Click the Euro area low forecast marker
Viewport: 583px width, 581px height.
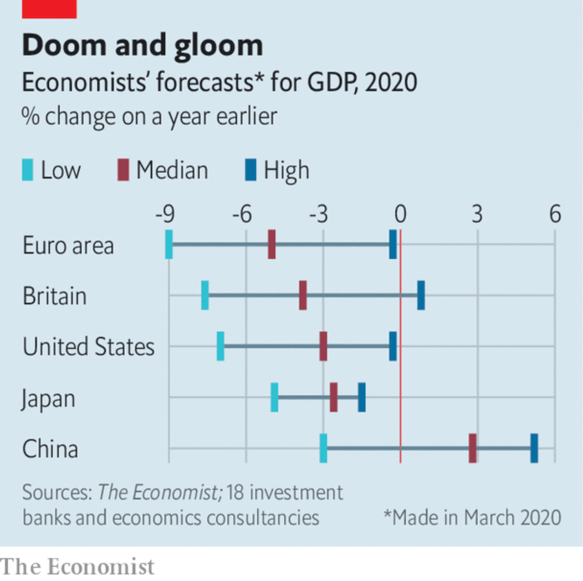169,245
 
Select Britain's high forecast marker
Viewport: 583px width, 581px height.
421,296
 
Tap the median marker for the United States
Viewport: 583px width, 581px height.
323,347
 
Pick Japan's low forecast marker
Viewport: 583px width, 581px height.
274,398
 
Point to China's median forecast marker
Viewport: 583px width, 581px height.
473,448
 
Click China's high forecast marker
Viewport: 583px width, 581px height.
534,448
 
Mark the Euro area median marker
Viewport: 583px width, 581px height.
271,245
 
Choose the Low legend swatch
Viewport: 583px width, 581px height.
28,170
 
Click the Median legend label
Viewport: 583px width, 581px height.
172,170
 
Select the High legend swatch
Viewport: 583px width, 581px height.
251,170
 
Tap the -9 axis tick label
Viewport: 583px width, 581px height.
165,214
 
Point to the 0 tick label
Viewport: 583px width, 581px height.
400,214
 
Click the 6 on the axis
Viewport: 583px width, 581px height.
555,214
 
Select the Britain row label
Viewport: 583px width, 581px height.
55,296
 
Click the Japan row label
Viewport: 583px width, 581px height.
48,399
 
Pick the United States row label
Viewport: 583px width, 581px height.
89,347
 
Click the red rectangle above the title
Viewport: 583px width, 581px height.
49,9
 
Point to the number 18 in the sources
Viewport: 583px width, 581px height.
235,493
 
